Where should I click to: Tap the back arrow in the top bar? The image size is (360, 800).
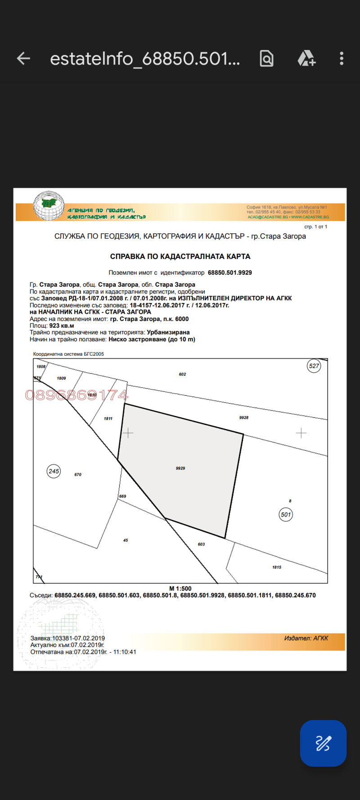[x=23, y=59]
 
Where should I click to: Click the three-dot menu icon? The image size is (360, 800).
[x=342, y=59]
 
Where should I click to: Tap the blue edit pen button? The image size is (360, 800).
[x=323, y=743]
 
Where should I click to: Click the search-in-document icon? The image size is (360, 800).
[x=266, y=59]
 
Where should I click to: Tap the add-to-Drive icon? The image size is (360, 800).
[x=306, y=59]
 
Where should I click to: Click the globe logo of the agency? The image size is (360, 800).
[x=49, y=206]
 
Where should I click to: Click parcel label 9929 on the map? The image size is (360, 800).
[x=180, y=468]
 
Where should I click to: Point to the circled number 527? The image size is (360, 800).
[x=314, y=366]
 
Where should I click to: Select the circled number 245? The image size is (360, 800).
[x=54, y=471]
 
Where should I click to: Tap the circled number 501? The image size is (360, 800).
[x=286, y=515]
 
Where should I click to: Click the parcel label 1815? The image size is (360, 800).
[x=277, y=567]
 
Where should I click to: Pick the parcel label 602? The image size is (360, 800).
[x=182, y=374]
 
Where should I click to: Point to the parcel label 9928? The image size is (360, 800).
[x=244, y=418]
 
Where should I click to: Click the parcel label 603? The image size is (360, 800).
[x=201, y=544]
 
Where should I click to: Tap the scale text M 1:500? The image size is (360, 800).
[x=180, y=588]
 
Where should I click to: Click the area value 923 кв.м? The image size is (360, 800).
[x=62, y=325]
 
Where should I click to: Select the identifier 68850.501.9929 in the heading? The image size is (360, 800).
[x=229, y=273]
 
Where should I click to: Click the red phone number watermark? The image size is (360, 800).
[x=76, y=395]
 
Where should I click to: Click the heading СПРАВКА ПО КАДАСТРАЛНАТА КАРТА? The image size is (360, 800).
[x=180, y=257]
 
